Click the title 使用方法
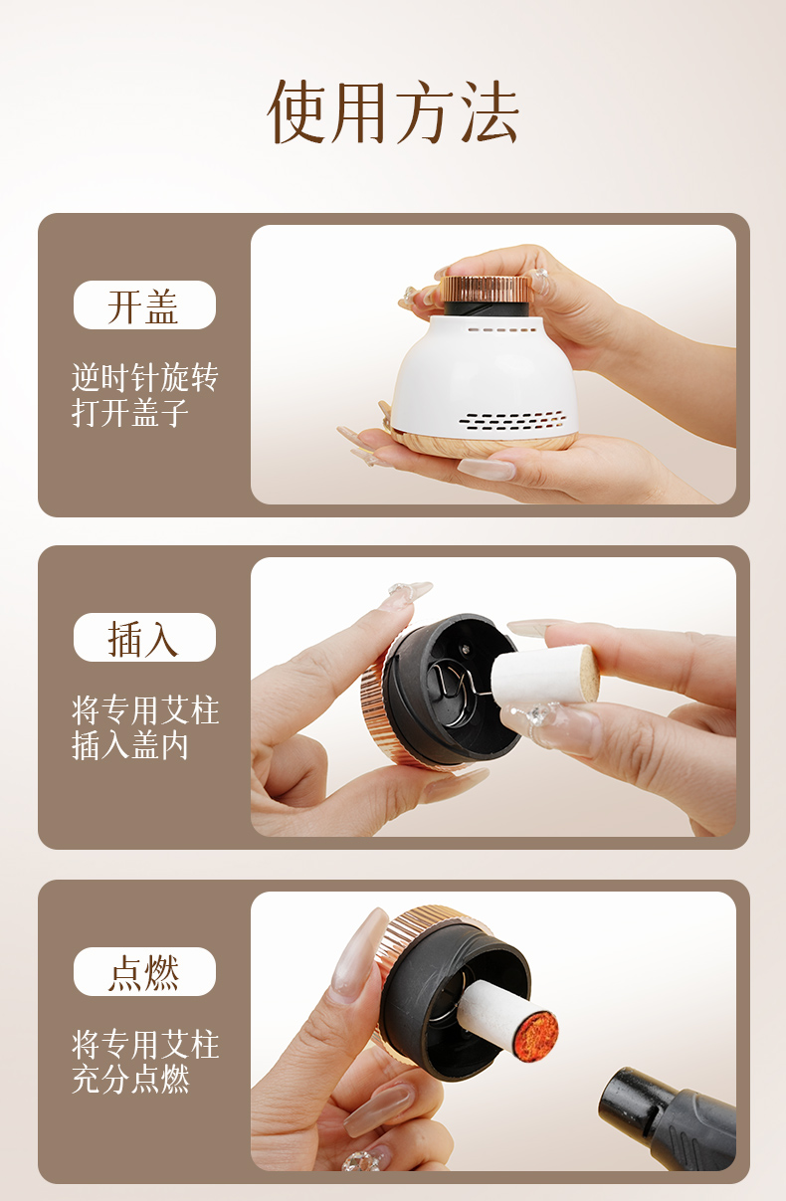coord(394,112)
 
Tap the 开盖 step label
coord(144,304)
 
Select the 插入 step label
coord(144,638)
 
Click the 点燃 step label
coord(144,971)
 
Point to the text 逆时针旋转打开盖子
coord(144,395)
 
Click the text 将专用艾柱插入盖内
coord(144,727)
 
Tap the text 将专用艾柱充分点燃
coord(144,1061)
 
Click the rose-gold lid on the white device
coord(486,290)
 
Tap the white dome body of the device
coord(486,375)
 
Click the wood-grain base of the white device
coord(483,445)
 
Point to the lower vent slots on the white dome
coord(512,422)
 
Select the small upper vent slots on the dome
coord(501,329)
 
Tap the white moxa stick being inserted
coord(544,675)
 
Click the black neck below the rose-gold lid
coord(488,307)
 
